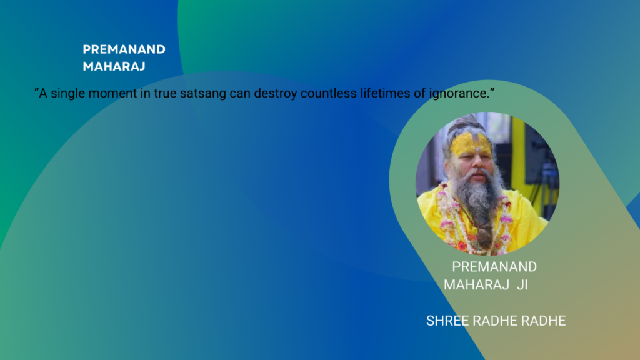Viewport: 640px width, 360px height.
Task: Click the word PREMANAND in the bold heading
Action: tap(124, 50)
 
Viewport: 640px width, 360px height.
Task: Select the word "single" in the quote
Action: tap(69, 93)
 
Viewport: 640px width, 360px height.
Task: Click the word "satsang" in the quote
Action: tap(211, 93)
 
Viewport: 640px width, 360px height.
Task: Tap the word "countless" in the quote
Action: tap(324, 93)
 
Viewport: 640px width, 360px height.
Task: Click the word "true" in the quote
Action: tap(170, 93)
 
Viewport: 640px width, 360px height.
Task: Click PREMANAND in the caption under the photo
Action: tap(494, 267)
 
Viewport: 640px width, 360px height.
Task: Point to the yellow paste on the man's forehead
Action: tap(471, 144)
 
